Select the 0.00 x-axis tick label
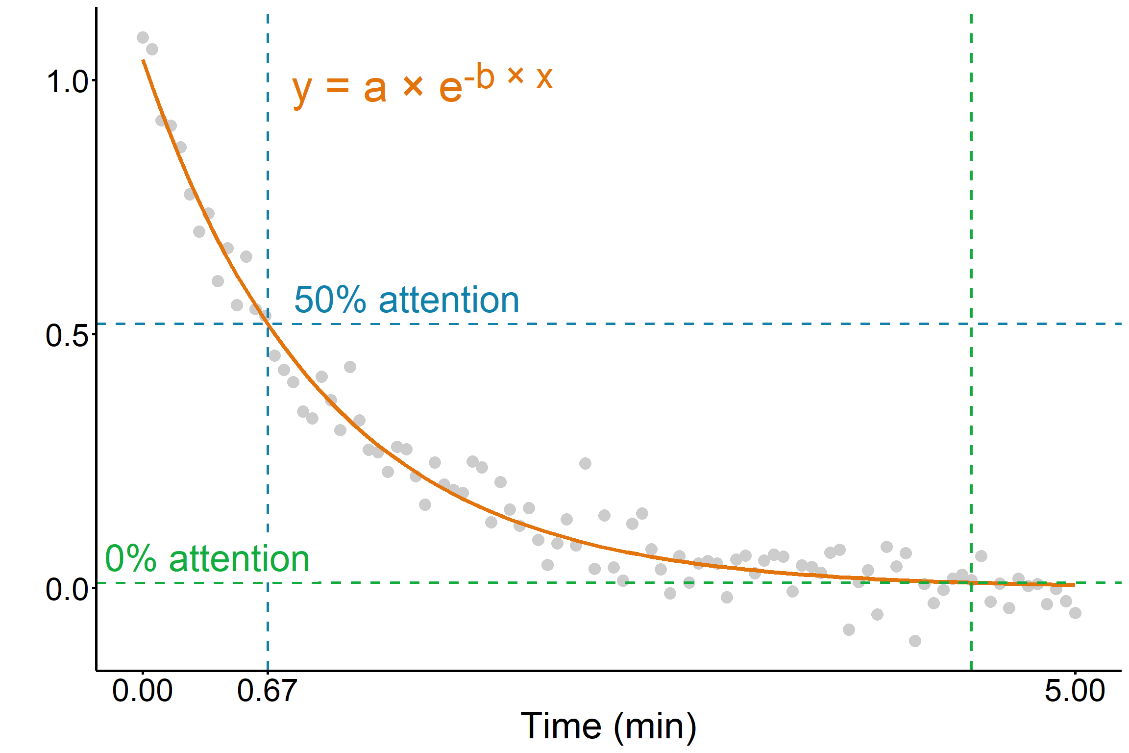point(142,691)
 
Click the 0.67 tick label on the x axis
point(267,691)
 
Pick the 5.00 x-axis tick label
point(1075,691)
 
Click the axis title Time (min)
point(608,726)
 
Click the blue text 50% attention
point(406,300)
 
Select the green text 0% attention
point(207,559)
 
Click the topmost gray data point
point(143,38)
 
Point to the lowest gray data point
point(915,641)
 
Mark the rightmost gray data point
point(1075,613)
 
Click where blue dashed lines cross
point(268,324)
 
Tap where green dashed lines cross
point(971,583)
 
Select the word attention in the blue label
point(448,300)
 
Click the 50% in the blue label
point(330,300)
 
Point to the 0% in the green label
point(131,559)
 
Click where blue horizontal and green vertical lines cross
point(971,324)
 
